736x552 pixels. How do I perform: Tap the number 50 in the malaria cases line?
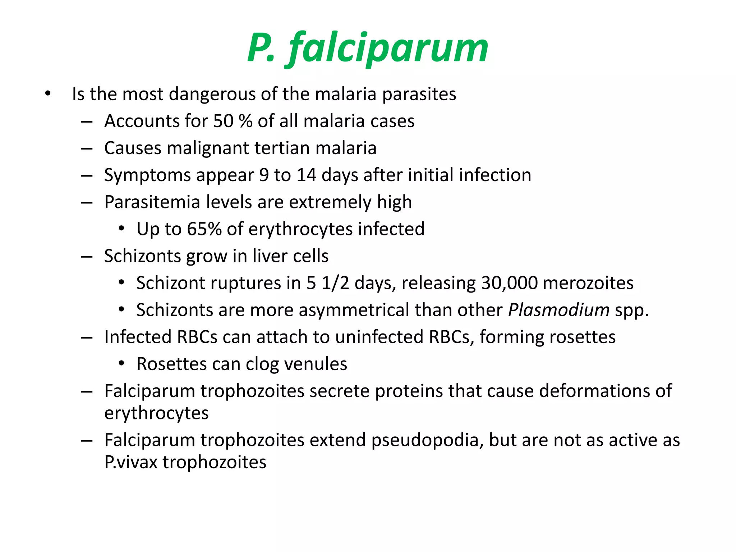pos(223,121)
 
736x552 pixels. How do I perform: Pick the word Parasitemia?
pos(152,202)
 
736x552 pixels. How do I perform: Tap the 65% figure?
pos(204,229)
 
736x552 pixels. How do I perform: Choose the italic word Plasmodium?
pos(558,310)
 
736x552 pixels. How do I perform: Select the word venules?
pos(316,364)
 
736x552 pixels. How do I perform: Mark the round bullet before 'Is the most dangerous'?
pos(48,94)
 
